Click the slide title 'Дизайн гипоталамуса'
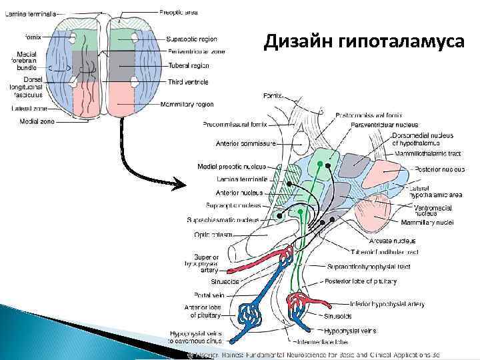364,42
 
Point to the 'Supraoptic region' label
191,39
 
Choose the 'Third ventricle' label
187,82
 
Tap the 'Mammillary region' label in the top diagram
191,104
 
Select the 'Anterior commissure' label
241,143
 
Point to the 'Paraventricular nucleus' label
384,124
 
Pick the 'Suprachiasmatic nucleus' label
223,219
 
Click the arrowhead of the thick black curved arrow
182,182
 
